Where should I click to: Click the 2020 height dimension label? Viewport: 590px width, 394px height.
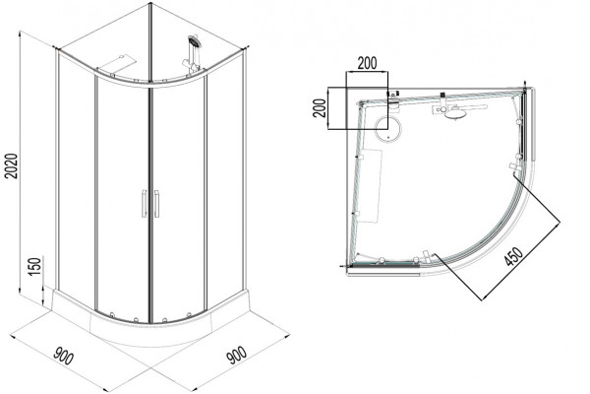coord(13,165)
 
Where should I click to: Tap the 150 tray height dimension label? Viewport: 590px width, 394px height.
coord(34,267)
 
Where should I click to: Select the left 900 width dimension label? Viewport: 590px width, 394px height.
coord(64,356)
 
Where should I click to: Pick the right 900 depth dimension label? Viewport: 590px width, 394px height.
coord(237,356)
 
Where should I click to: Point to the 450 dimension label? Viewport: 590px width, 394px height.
coord(513,256)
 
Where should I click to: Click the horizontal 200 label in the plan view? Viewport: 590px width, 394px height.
coord(367,63)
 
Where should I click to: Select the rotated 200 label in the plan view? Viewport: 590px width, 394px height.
coord(319,108)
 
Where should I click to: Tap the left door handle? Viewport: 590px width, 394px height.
coord(144,204)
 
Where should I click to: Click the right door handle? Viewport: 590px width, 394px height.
coord(156,204)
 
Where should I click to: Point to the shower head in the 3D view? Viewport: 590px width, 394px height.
coord(195,41)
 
